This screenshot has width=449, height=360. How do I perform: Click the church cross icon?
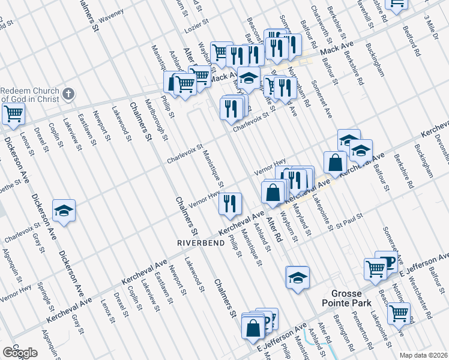pos(69,94)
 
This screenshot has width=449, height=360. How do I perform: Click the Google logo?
pos(20,352)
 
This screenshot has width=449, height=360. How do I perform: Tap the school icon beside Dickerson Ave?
pos(64,211)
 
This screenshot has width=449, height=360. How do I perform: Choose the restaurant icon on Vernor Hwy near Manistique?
pos(230,203)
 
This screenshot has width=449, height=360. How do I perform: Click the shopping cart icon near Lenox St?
pos(13,112)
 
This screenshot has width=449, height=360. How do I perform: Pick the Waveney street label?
pos(111,14)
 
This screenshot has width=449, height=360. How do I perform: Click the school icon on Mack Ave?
pos(249,77)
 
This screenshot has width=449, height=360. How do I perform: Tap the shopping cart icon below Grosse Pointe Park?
pos(399,312)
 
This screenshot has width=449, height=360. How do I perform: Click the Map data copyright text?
pos(423,355)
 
